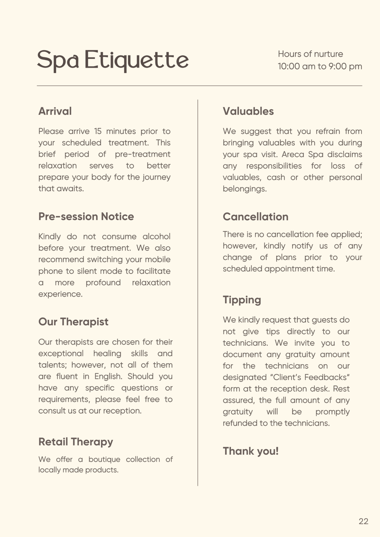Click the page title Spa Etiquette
coord(113,60)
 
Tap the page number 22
coord(363,521)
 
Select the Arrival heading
coord(55,111)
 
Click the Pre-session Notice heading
coord(86,217)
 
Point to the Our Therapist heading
coord(73,322)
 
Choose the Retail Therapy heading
coord(76,442)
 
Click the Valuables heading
coord(248,111)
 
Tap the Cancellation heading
coord(256,217)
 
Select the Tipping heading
coord(242,300)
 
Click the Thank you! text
coord(251,451)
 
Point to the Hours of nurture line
coord(310,54)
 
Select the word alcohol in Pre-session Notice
coord(156,237)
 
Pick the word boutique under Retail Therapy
coord(104,459)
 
